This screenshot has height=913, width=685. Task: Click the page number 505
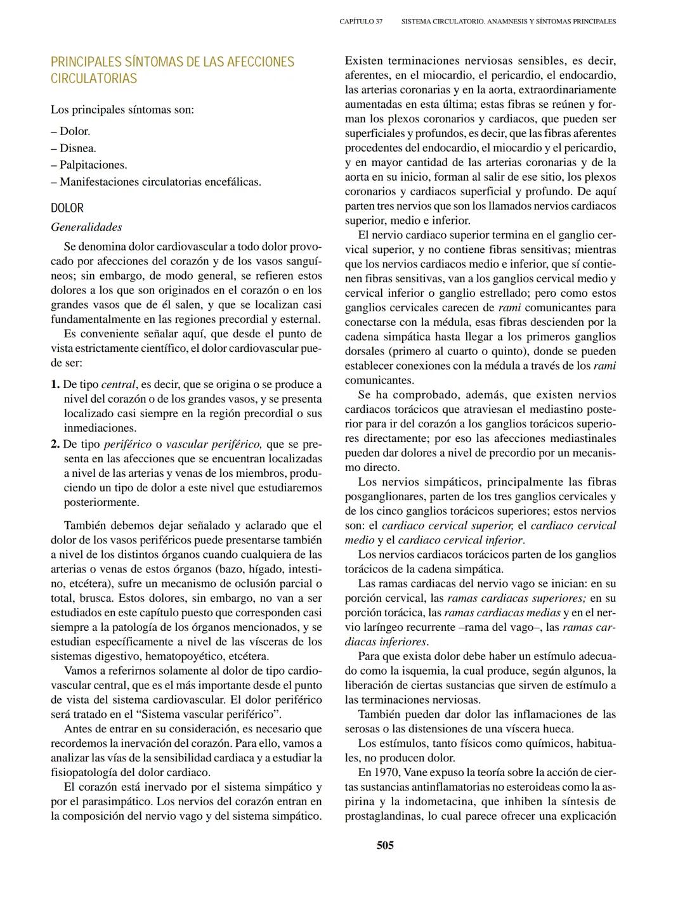pos(385,845)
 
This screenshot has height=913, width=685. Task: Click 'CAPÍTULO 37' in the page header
pos(361,22)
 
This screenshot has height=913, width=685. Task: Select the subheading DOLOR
pos(67,208)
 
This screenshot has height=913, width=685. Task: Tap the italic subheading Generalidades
pos(86,227)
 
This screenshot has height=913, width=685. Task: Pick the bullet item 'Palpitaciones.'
pos(93,165)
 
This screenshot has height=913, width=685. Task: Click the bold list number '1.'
pos(55,384)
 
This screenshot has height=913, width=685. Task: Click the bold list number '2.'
pos(55,444)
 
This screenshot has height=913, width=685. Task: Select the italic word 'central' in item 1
pos(119,384)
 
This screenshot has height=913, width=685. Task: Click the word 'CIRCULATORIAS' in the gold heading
pos(94,79)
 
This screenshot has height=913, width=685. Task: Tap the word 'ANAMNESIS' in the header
pos(508,22)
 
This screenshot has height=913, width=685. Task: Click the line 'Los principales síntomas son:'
pos(122,110)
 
